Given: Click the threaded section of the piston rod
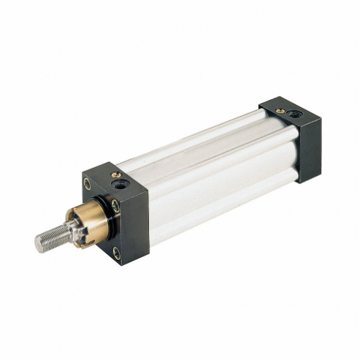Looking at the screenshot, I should coord(51,237).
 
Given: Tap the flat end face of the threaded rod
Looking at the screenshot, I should coord(38,243).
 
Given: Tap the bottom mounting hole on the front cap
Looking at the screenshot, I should coord(117,253).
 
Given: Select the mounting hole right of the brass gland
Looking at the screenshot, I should coord(117,206).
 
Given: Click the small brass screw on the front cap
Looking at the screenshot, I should coord(116,175).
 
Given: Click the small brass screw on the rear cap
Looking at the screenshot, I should coord(280,111).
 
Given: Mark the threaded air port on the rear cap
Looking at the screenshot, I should coord(294,114).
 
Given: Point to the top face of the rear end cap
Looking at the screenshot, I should coord(288,110).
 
